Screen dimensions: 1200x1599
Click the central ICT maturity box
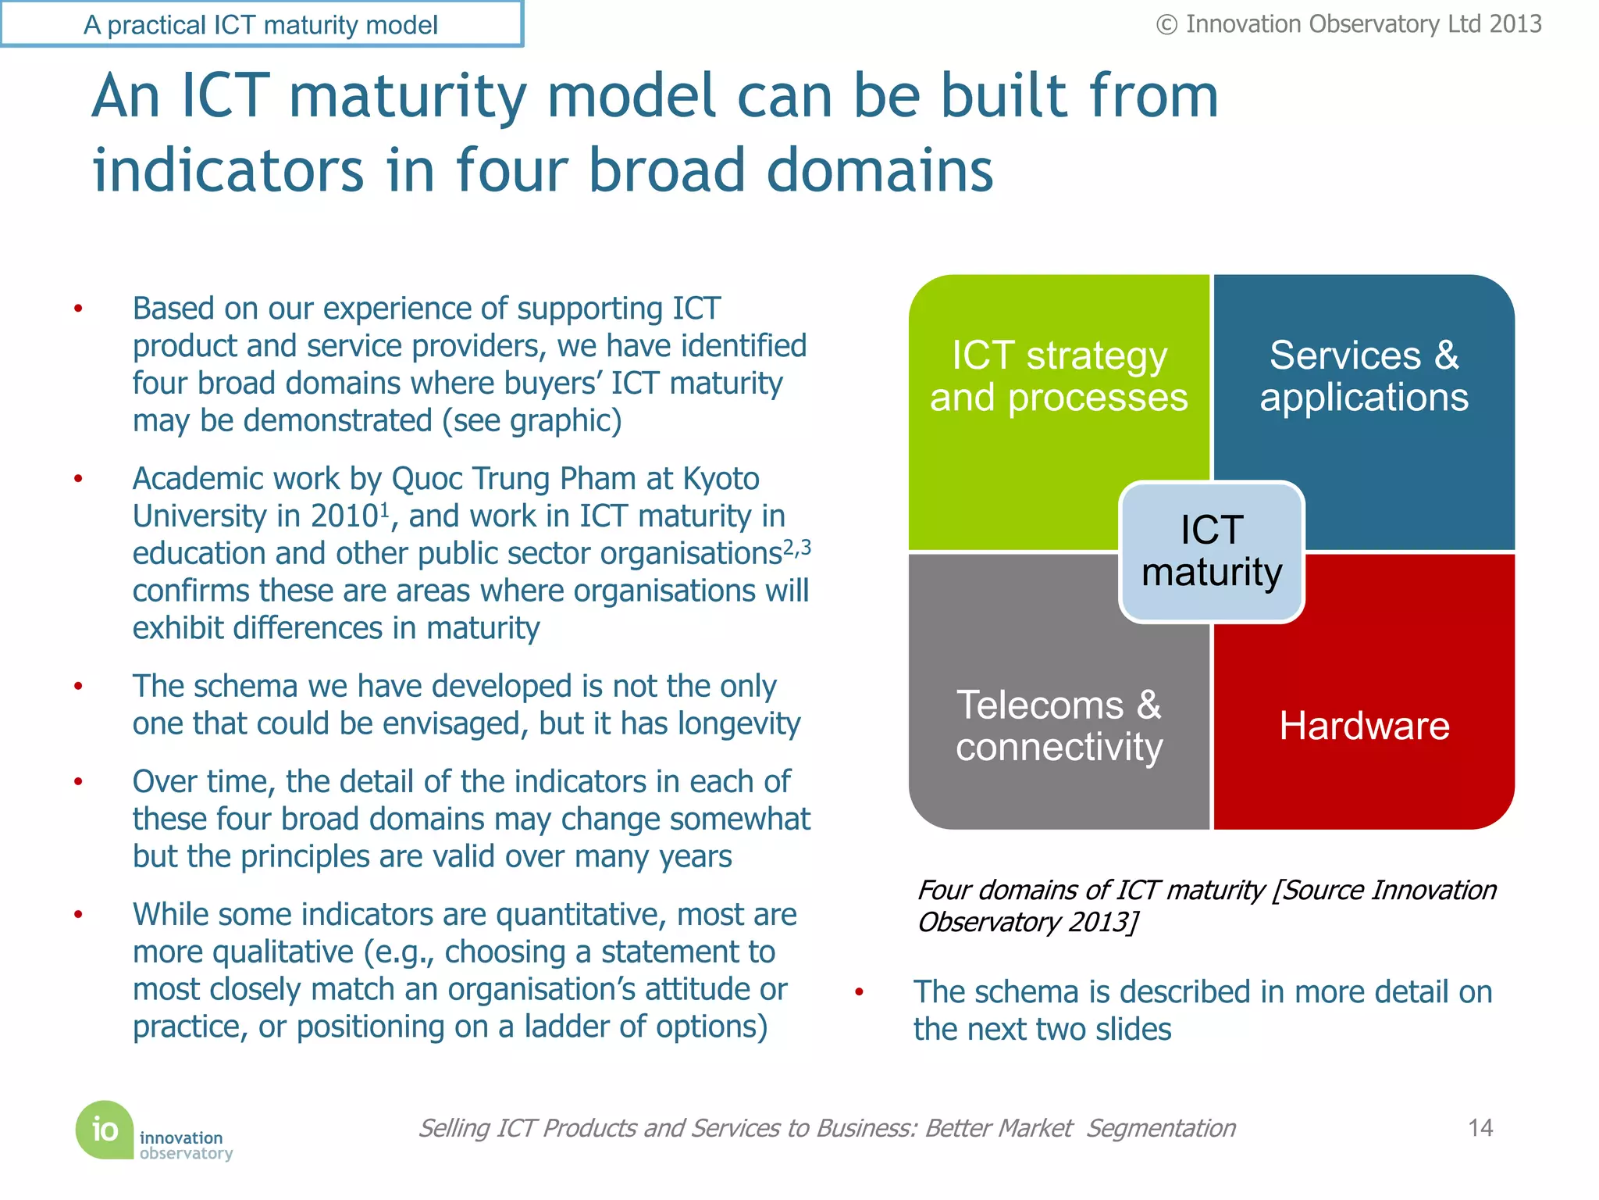(x=1211, y=552)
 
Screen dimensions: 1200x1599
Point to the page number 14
(x=1480, y=1127)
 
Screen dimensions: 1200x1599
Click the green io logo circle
(x=105, y=1129)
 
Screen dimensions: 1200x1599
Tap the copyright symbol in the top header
(x=1166, y=25)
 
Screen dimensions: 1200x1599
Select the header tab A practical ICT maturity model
(x=261, y=25)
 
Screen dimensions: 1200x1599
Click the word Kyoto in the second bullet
(x=721, y=479)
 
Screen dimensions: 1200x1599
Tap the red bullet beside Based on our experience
(x=78, y=309)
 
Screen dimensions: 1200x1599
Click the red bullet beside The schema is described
(x=859, y=992)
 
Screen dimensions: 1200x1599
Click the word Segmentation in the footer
(x=1161, y=1128)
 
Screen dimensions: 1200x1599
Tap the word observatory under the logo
(x=186, y=1154)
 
